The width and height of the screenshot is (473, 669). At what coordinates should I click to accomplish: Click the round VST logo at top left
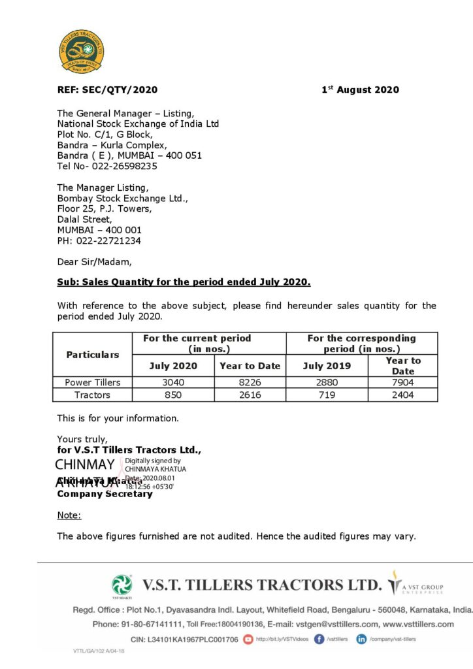tap(82, 52)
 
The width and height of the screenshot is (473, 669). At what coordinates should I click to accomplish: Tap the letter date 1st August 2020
tap(360, 90)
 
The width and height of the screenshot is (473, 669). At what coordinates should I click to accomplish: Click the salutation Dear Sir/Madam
tap(94, 262)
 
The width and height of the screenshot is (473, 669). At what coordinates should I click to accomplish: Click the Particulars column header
tap(92, 355)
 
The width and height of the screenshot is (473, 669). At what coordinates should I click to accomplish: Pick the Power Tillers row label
tap(92, 382)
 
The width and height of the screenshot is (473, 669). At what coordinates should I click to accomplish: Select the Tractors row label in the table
tap(92, 395)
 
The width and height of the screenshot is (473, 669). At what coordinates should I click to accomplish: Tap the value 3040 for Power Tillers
tap(173, 382)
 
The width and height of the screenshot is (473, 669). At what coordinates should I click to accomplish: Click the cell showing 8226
tap(250, 382)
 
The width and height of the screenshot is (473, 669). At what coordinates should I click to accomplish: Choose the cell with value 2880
tap(327, 382)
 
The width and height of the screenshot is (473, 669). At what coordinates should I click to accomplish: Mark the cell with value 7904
tap(403, 382)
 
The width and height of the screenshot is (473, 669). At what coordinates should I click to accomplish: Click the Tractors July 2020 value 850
tap(173, 395)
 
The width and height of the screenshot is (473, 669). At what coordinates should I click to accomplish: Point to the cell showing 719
tap(327, 395)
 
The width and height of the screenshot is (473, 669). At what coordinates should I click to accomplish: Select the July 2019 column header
tap(327, 366)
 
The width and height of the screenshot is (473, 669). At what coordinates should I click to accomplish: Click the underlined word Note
tap(69, 515)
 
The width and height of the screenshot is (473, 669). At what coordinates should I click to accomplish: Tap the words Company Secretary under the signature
tap(105, 494)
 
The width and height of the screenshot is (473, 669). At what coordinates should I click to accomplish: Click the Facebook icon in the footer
tap(319, 639)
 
